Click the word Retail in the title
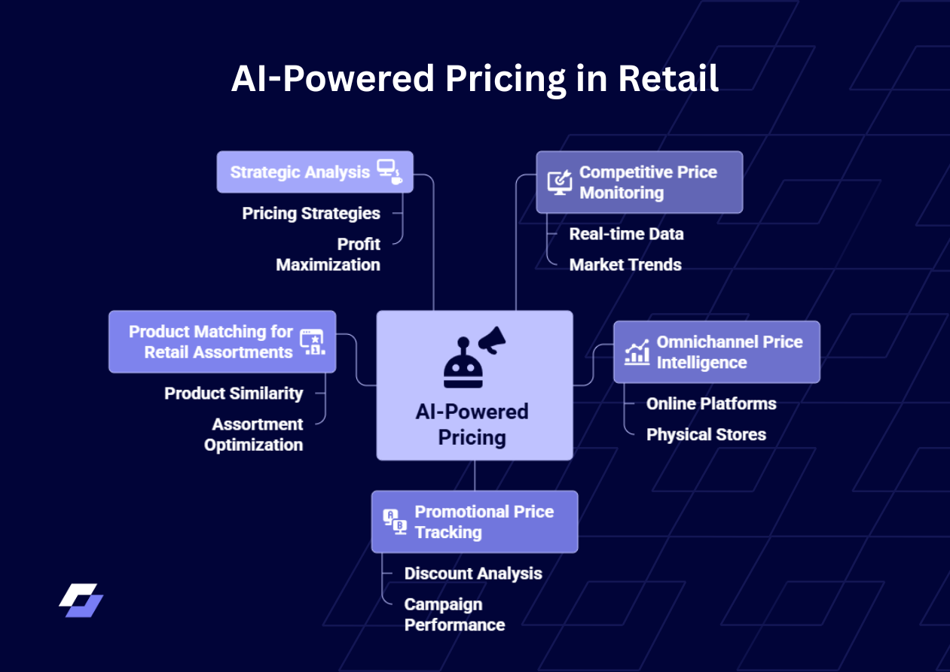coord(667,79)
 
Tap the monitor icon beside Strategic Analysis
coord(389,172)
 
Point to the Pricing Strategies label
coord(311,214)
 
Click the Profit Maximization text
coord(328,254)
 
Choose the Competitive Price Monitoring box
coord(639,182)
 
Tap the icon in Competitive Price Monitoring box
coord(559,182)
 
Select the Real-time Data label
coord(626,234)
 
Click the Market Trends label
coord(625,265)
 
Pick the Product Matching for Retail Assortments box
coord(222,342)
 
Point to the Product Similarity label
coord(234,394)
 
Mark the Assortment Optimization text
coord(254,434)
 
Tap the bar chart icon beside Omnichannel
coord(637,351)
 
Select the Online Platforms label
coord(711,404)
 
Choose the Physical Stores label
coord(706,435)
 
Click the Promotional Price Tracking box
coord(475,521)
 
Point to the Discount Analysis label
coord(473,573)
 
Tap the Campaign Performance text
coord(454,614)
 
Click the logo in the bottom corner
coord(81,600)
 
